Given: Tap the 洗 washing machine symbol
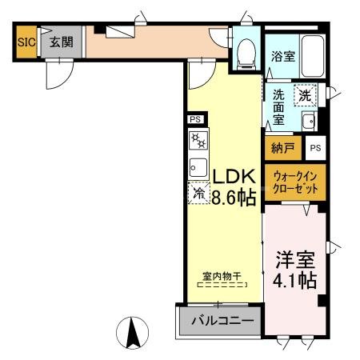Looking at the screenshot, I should tap(304, 95).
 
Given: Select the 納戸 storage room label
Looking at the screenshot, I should tap(283, 148).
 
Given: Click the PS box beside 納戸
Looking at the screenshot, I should tap(316, 148).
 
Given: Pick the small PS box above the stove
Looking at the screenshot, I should tap(195, 119).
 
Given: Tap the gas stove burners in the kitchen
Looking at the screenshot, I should tap(198, 142).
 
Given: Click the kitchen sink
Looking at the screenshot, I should tap(197, 166).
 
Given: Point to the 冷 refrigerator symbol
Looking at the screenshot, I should tap(198, 193).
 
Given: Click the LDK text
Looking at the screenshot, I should tap(234, 177).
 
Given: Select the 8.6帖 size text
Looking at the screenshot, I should tap(234, 198).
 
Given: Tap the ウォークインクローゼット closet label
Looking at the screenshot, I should tap(294, 184).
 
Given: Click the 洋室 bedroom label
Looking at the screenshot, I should tap(296, 261).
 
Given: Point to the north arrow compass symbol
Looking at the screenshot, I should tap(134, 330).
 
